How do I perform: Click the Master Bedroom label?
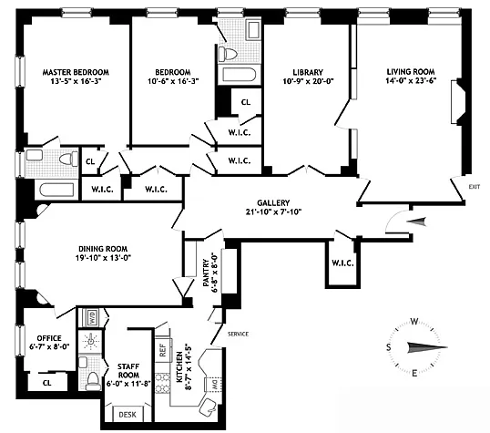[x=76, y=72]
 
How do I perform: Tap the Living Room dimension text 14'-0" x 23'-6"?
[x=411, y=81]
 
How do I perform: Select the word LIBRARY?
[x=308, y=72]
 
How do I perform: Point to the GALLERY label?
[x=273, y=202]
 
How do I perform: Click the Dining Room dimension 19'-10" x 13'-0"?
[x=103, y=258]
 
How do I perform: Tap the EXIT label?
[x=475, y=187]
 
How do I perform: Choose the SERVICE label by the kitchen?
[x=238, y=335]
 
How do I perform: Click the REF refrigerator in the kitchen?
[x=163, y=350]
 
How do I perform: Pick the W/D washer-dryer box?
[x=93, y=316]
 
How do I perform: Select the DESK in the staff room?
[x=128, y=414]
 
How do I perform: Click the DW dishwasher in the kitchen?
[x=214, y=385]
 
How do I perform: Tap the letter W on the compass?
[x=414, y=322]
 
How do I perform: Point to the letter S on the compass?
[x=389, y=347]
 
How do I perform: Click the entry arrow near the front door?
[x=416, y=222]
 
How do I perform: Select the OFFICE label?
[x=49, y=338]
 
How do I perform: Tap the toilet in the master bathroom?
[x=68, y=159]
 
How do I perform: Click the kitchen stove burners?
[x=162, y=383]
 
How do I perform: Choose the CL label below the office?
[x=47, y=383]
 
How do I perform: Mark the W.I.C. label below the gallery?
[x=342, y=263]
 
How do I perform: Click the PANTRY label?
[x=206, y=273]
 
